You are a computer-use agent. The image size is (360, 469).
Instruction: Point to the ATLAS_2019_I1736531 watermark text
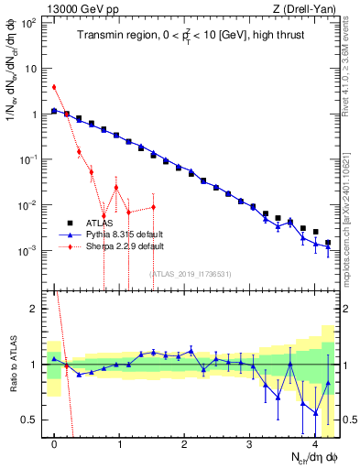point(191,274)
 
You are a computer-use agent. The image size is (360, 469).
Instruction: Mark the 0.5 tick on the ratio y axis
point(34,420)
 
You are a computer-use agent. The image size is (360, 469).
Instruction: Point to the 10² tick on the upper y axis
point(30,23)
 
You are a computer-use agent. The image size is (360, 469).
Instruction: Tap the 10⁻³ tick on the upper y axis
point(30,250)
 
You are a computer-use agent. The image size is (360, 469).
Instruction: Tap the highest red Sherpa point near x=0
point(54,87)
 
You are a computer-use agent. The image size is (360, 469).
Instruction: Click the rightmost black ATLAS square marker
point(328,243)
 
